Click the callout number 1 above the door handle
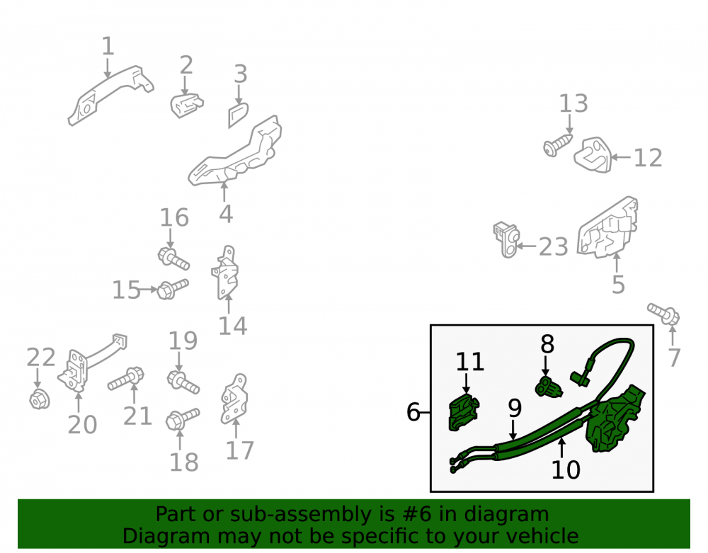[108, 47]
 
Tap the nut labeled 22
[39, 399]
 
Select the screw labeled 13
[558, 145]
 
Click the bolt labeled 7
[663, 314]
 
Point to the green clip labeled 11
[463, 411]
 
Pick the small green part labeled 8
[548, 387]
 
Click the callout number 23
[554, 247]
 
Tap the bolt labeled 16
[173, 258]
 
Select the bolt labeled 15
[173, 288]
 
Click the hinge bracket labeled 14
[225, 273]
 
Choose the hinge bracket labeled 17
[234, 399]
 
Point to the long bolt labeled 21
[126, 380]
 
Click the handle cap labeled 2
[186, 106]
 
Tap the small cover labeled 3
[238, 115]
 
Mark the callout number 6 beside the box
[413, 411]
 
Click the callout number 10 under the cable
[566, 469]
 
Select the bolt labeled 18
[183, 419]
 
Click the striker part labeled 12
[593, 155]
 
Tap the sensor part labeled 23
[507, 239]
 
